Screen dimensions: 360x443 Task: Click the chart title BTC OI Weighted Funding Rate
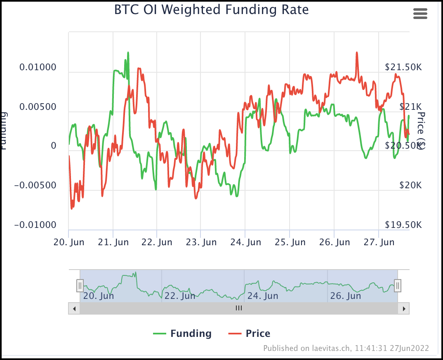click(211, 9)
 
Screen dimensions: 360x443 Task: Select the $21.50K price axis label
click(403, 67)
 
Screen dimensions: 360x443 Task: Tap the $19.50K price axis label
click(403, 225)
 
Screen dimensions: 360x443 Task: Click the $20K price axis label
click(410, 185)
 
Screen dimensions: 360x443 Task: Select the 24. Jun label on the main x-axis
click(245, 242)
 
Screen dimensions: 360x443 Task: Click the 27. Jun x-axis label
click(379, 242)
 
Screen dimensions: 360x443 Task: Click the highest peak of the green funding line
click(128, 53)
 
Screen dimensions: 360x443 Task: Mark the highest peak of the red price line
click(356, 53)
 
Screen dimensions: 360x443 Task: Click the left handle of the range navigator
click(80, 285)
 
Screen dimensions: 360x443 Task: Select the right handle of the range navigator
click(398, 285)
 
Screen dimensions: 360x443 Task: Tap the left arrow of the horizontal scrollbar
click(74, 308)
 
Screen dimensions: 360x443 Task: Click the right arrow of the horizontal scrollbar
click(404, 308)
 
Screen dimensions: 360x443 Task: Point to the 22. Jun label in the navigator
click(180, 296)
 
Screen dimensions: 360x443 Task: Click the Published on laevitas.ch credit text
click(346, 348)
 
